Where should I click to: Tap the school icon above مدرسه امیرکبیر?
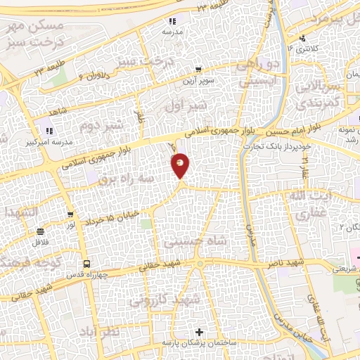49,129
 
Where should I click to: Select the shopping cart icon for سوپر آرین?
199,70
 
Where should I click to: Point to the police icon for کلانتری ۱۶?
302,38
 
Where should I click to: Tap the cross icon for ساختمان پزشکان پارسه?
200,331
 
